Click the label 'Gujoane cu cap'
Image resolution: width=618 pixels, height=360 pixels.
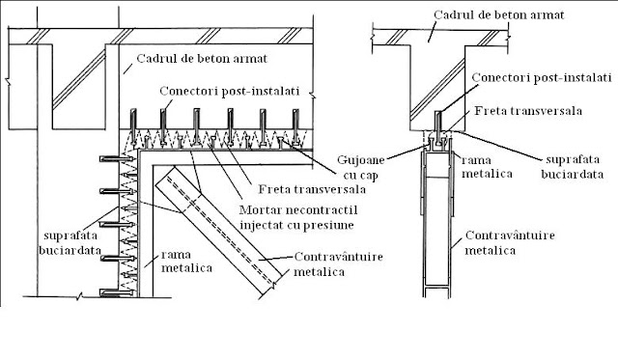[360, 168]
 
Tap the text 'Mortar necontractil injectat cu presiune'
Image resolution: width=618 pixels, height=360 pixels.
[298, 217]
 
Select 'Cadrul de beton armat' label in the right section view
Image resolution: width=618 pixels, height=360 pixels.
[499, 15]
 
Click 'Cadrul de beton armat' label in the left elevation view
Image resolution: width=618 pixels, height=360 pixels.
[202, 59]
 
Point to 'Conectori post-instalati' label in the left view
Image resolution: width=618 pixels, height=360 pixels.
[230, 91]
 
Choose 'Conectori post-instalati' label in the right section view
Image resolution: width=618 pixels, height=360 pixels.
[542, 77]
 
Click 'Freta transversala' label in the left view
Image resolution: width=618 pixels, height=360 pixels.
[312, 189]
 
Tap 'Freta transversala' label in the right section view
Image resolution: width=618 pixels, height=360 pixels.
[528, 110]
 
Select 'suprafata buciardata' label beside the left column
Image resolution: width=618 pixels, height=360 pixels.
[70, 243]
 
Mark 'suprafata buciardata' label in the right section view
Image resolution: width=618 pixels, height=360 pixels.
[573, 167]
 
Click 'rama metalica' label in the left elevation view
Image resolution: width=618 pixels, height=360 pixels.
[186, 262]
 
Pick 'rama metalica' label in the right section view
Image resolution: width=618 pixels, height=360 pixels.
[487, 167]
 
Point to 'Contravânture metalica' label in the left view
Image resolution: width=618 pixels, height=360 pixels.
[339, 264]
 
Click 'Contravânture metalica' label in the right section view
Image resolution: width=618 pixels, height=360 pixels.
[510, 242]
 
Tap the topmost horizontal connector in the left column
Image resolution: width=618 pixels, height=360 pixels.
[116, 158]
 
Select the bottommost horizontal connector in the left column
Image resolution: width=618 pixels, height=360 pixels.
[116, 292]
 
